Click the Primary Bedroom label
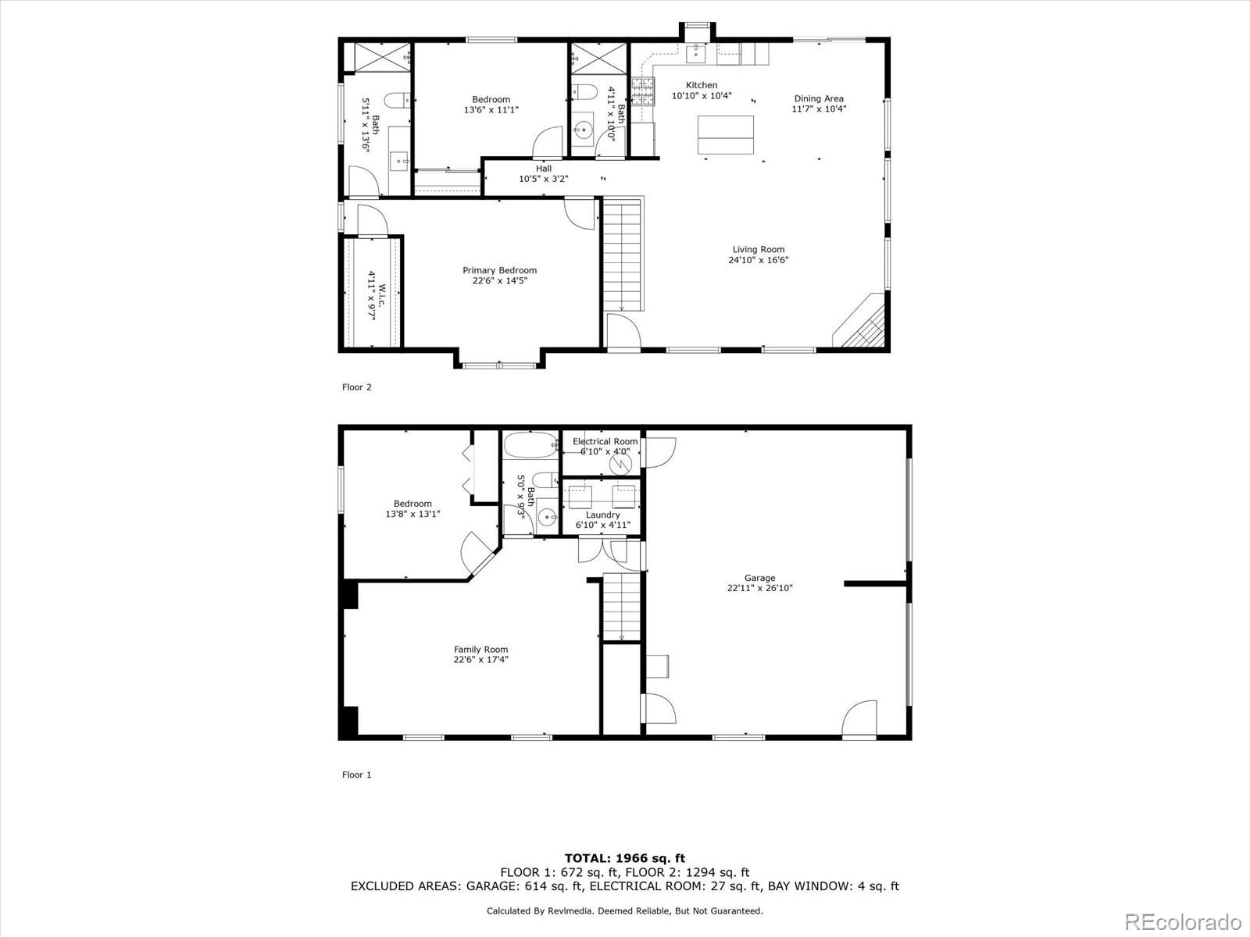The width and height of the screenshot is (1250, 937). pos(499,271)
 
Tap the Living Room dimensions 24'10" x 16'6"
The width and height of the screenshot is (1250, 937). pos(758,260)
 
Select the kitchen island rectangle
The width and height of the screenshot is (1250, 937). pos(726,135)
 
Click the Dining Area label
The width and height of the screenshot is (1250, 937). pos(819,98)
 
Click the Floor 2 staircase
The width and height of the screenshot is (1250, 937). pos(622,254)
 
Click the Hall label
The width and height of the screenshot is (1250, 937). pos(544,169)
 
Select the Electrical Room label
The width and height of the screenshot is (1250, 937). pos(605,442)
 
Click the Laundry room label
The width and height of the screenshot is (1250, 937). pos(602,515)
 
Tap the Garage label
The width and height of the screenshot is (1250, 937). pos(759,579)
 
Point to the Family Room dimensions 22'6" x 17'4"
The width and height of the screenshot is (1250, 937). pos(480,660)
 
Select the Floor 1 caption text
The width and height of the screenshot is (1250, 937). pos(356,775)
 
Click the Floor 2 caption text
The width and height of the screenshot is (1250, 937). pos(356,387)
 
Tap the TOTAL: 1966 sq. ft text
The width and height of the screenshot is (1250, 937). pos(624,858)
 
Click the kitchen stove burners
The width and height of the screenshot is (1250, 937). pos(642,92)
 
